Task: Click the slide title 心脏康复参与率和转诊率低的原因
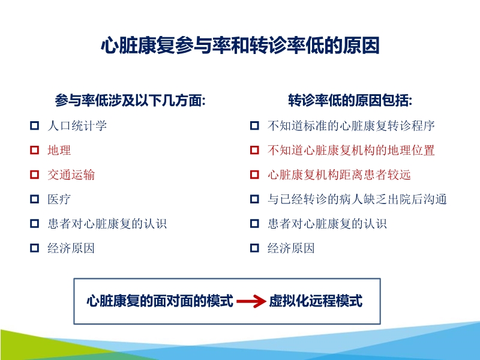click(x=240, y=46)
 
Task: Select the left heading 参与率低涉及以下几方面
click(x=130, y=100)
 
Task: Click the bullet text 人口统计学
click(x=77, y=126)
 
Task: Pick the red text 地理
click(x=59, y=151)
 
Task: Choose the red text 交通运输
click(x=71, y=175)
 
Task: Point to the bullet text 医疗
click(x=59, y=200)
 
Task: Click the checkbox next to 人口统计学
click(x=34, y=127)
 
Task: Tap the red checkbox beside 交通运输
click(x=34, y=175)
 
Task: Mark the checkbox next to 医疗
click(x=34, y=200)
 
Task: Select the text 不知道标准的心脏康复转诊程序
click(x=351, y=126)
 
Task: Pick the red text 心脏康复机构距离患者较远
click(x=339, y=175)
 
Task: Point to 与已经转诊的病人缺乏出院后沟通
click(x=357, y=200)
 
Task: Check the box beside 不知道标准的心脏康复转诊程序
click(x=254, y=127)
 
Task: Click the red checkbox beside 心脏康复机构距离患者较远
click(x=254, y=175)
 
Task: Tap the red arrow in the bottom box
click(x=251, y=302)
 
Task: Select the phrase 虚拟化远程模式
click(x=316, y=301)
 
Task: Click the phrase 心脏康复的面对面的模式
click(x=160, y=301)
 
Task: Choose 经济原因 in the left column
click(x=71, y=248)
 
